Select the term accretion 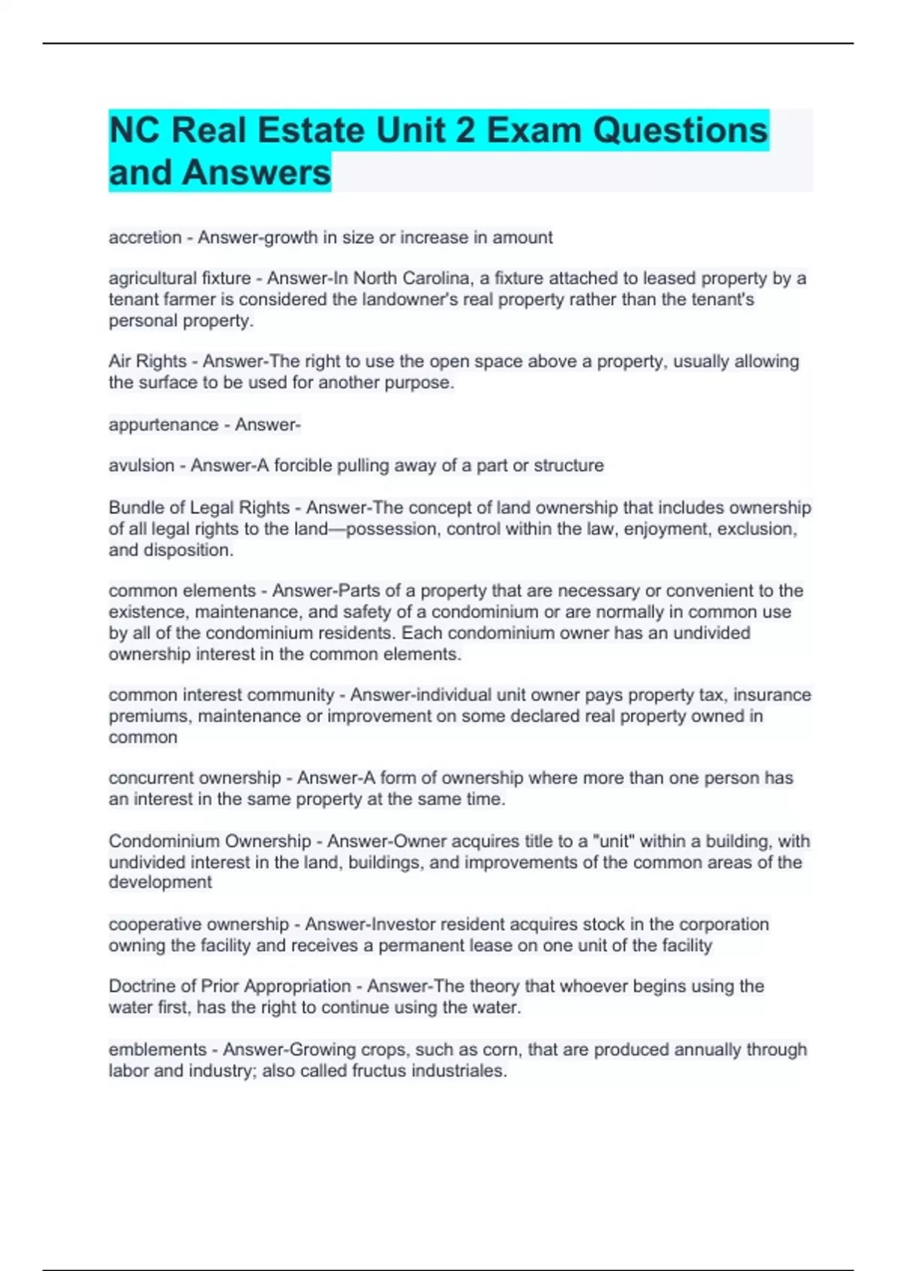point(145,238)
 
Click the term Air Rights point(147,362)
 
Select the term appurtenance point(163,425)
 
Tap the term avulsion point(141,466)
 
